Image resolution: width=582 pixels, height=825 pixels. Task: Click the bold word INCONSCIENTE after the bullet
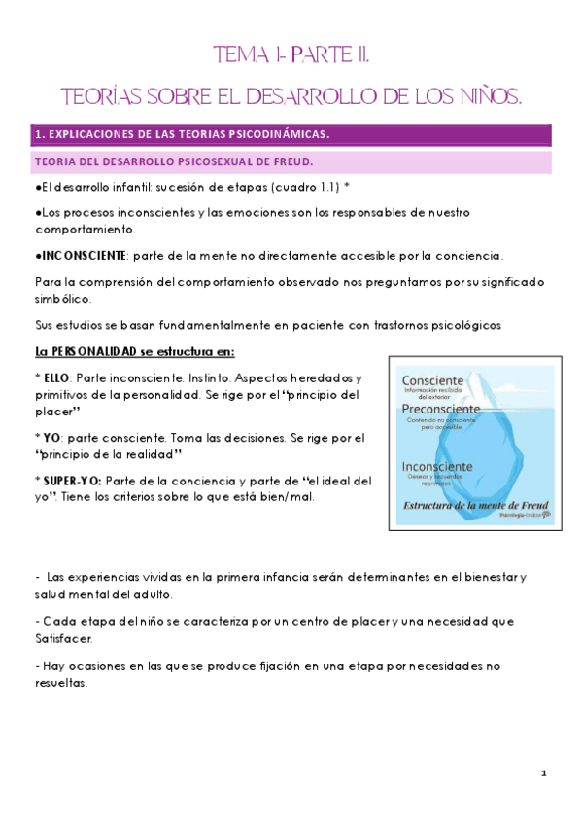point(82,256)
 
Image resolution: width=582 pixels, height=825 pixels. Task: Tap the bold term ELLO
point(56,377)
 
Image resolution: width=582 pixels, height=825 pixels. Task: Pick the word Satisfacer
point(64,639)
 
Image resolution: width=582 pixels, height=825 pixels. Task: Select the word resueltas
point(60,683)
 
